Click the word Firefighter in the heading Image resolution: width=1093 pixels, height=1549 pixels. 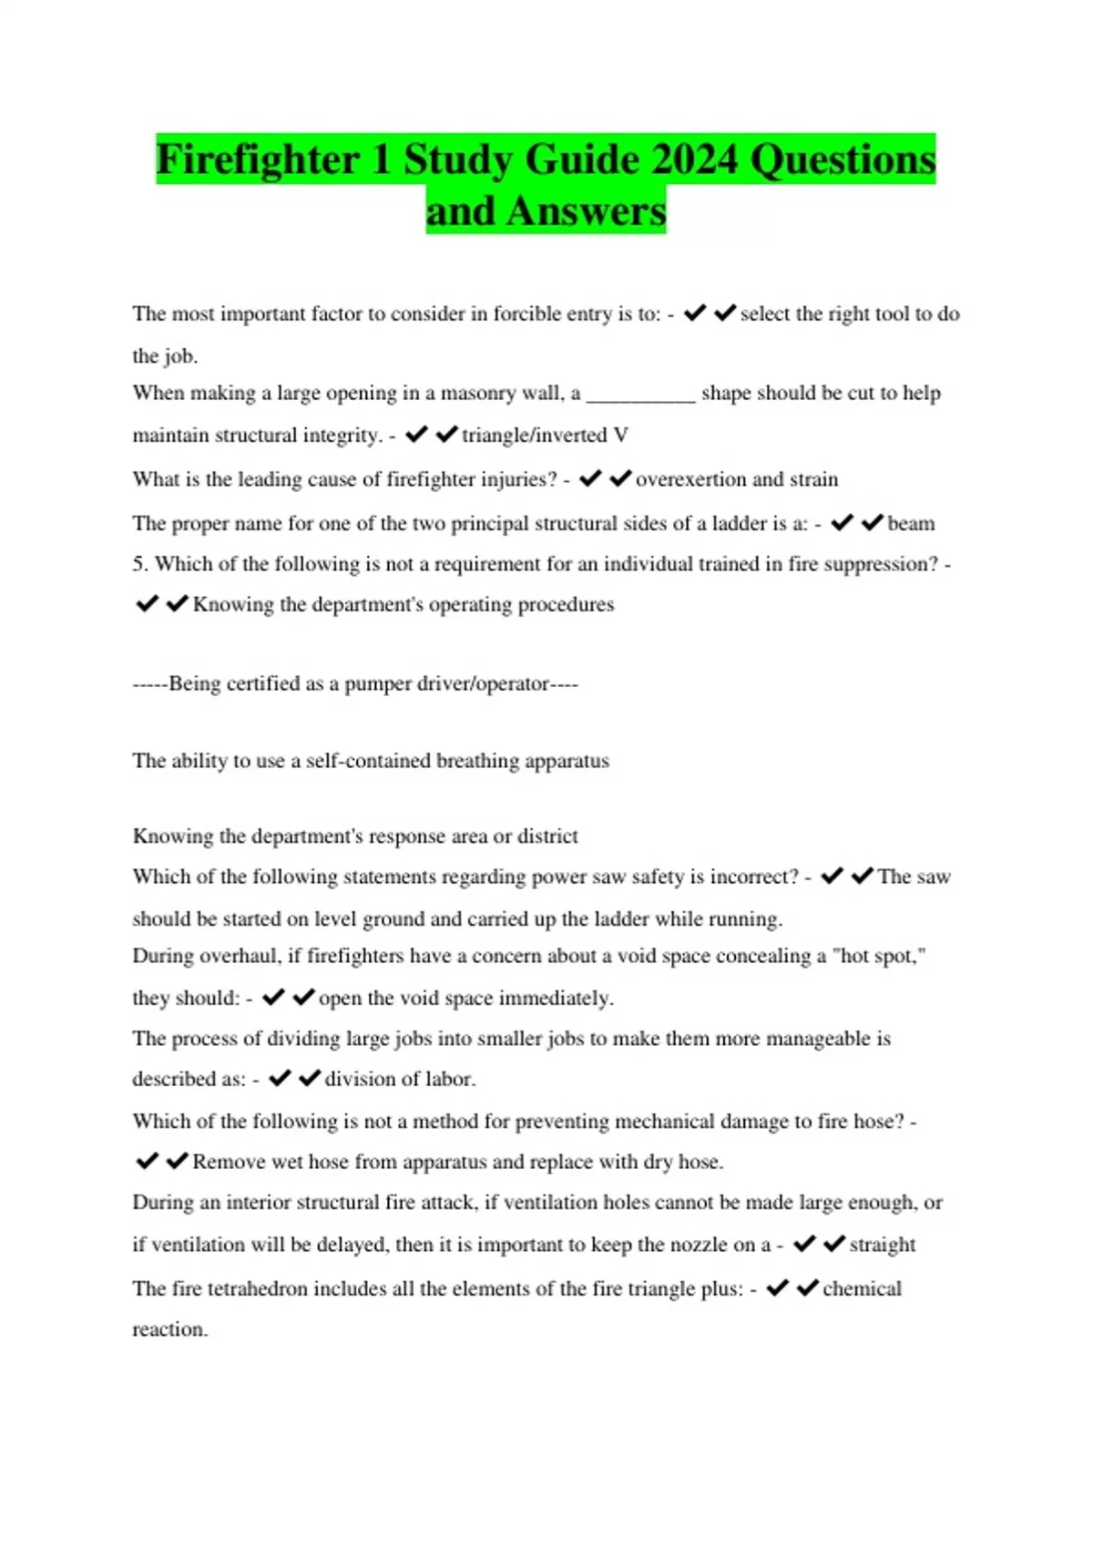point(259,159)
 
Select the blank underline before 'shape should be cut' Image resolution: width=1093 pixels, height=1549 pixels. point(640,395)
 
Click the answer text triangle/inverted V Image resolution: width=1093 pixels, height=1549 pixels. point(545,436)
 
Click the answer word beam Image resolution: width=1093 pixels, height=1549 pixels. point(911,524)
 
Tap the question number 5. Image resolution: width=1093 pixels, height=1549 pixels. point(138,564)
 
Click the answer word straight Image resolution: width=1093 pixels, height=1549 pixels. point(882,1245)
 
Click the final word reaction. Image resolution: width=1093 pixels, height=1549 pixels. point(169,1329)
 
